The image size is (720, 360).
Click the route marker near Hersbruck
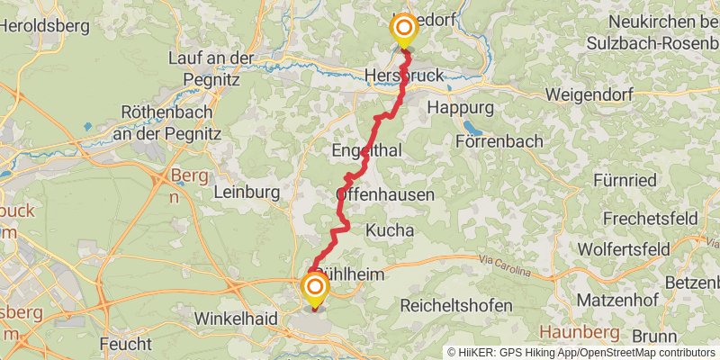[403, 29]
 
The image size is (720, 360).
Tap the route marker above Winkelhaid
[315, 289]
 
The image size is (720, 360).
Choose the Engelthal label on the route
[366, 150]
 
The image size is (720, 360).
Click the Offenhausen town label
[384, 194]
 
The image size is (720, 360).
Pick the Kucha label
[390, 230]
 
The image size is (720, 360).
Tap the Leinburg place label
[247, 192]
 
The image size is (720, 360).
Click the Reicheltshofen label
[456, 305]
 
